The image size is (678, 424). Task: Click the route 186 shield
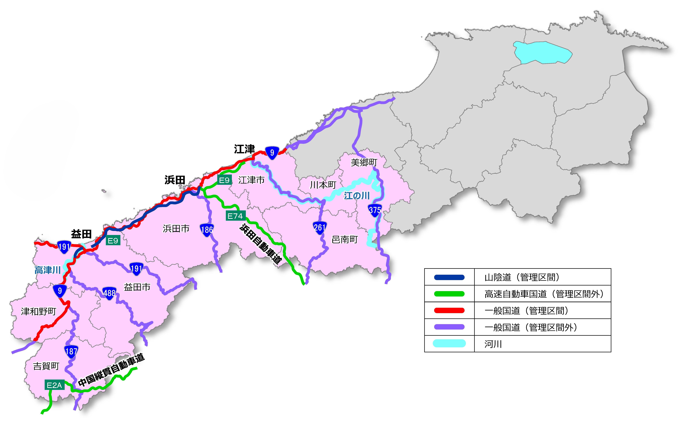tap(207, 230)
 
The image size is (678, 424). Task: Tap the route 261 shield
tap(319, 227)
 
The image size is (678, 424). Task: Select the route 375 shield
tap(375, 210)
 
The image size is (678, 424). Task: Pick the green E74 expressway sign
tap(235, 216)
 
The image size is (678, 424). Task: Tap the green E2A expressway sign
tap(54, 385)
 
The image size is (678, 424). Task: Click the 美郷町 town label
tap(364, 162)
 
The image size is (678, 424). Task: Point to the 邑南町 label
tap(345, 240)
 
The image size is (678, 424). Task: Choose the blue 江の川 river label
tap(357, 196)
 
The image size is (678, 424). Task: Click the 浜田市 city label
tap(176, 229)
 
